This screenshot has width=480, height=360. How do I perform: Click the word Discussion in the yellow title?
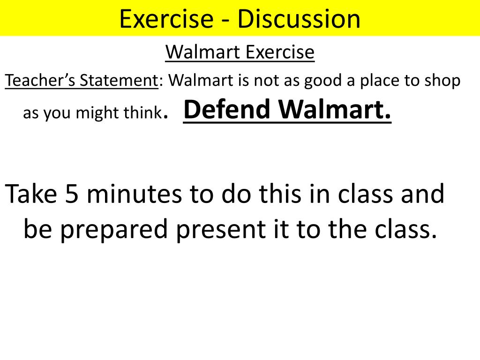[299, 19]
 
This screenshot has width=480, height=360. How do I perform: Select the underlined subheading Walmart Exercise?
[240, 52]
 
